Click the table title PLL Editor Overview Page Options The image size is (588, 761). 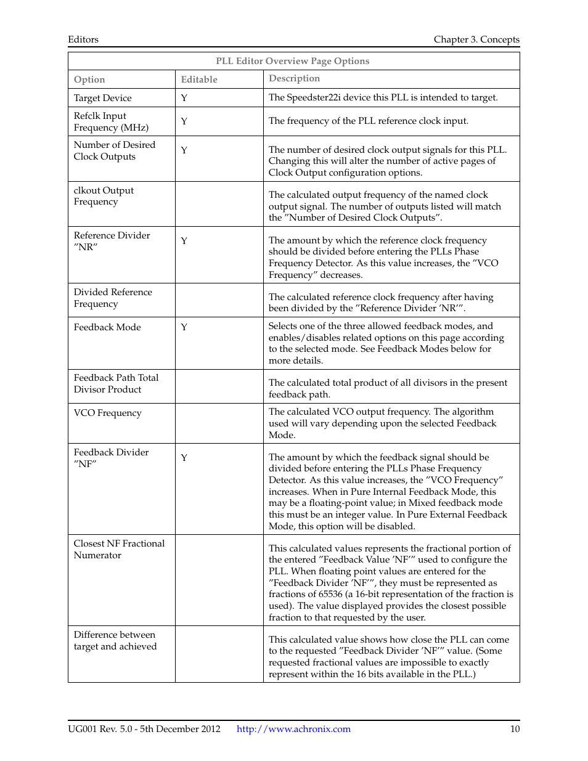click(293, 61)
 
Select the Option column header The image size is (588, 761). click(89, 79)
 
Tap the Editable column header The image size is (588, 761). click(199, 79)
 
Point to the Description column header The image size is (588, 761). click(294, 78)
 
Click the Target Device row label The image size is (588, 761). click(102, 98)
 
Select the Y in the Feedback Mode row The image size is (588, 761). click(184, 327)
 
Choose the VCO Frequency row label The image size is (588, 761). click(107, 413)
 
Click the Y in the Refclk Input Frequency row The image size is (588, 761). click(184, 121)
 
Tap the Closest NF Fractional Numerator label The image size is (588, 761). click(119, 549)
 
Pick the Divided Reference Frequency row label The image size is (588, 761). click(113, 298)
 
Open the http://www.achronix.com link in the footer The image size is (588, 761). click(293, 729)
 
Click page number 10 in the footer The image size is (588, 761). click(515, 729)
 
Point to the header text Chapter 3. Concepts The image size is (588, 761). click(476, 39)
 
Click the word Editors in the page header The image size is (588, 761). click(83, 39)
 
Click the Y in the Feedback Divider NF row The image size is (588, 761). click(184, 458)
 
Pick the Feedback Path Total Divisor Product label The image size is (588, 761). click(116, 383)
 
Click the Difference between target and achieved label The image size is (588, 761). click(115, 640)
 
